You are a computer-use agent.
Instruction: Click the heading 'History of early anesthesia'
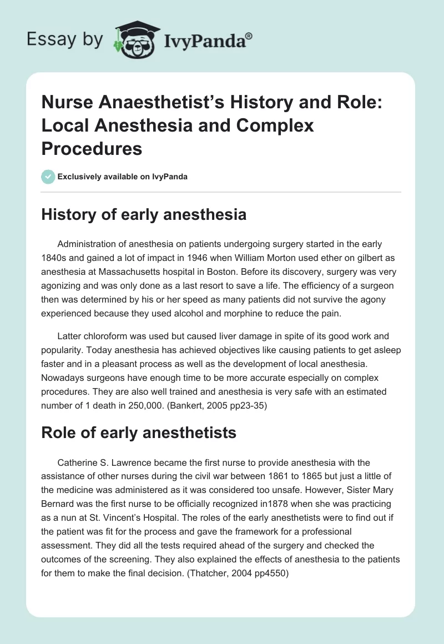[144, 214]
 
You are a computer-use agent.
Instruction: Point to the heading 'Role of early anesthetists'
[139, 433]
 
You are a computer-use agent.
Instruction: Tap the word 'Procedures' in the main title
[92, 148]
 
